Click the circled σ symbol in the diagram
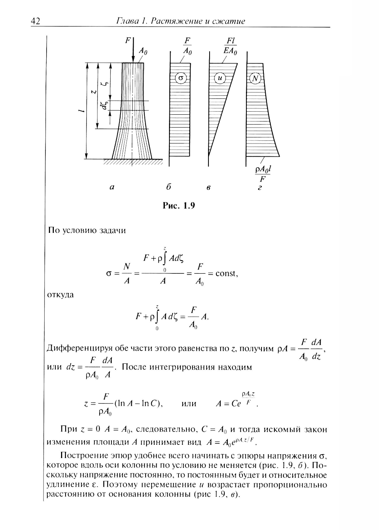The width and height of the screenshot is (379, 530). (181, 78)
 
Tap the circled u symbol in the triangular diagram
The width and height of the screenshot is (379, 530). (220, 78)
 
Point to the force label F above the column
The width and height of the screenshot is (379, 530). (128, 40)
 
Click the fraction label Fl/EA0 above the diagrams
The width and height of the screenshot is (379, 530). (231, 47)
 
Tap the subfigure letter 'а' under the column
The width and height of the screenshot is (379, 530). (111, 187)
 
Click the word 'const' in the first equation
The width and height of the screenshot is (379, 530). (226, 273)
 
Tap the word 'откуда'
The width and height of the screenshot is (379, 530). (60, 295)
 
